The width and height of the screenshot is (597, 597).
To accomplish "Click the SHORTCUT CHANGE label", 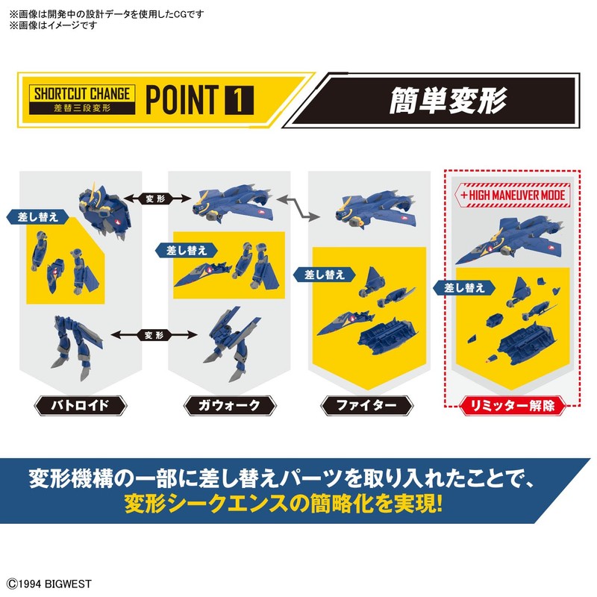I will coord(81,93).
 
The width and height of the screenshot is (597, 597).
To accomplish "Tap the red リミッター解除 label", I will coord(512,406).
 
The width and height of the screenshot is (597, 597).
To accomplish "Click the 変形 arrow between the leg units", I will coord(151,335).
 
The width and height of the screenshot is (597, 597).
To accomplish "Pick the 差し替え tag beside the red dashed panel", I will coord(460,287).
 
